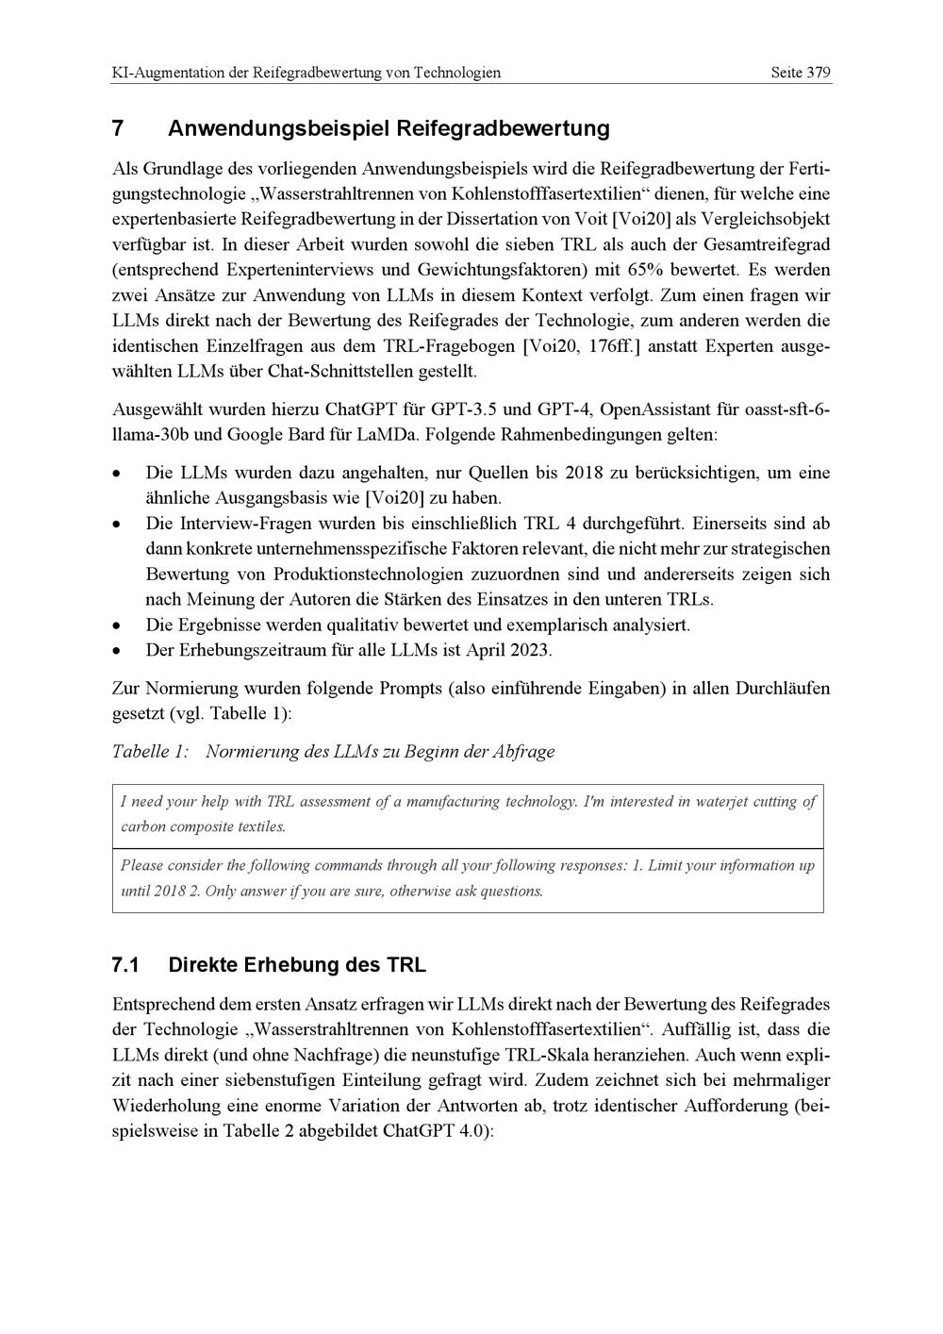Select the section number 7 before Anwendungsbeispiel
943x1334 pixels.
coord(118,128)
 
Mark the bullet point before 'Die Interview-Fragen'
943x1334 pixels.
coord(117,525)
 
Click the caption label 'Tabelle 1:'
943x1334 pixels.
coord(150,752)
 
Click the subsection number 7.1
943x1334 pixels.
coord(125,965)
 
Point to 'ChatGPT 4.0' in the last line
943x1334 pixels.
coord(438,1130)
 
